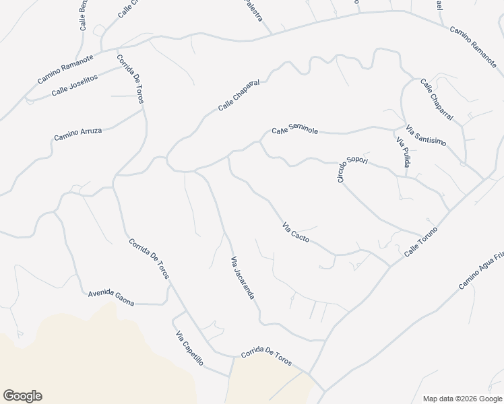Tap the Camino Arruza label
77,135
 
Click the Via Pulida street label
402,153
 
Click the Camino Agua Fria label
482,270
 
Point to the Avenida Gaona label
111,298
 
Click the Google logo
22,396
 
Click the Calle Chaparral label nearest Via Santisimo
437,100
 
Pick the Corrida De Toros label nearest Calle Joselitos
130,79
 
